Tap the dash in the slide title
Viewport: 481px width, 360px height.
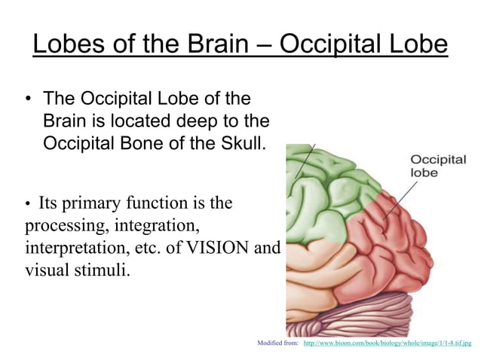(265, 44)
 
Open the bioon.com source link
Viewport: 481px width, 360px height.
(387, 343)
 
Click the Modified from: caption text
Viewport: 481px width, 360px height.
(278, 343)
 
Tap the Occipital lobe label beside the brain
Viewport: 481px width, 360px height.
(437, 166)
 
